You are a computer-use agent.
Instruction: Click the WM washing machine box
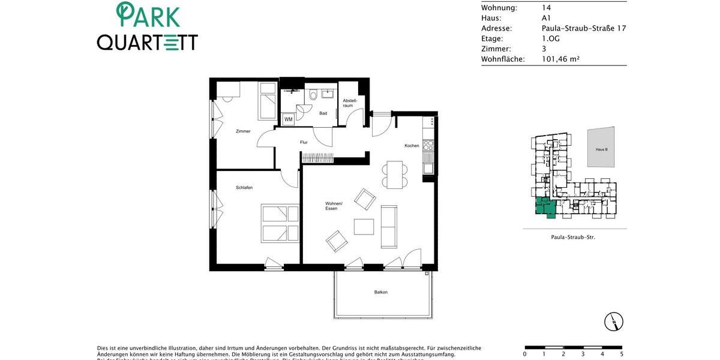[289, 119]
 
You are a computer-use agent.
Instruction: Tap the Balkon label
[380, 292]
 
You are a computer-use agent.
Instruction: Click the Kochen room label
[412, 146]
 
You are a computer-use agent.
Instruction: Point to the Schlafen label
[244, 188]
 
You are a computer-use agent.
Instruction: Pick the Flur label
[304, 143]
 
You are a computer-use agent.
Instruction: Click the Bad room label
[323, 113]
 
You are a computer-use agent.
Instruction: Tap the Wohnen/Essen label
[334, 206]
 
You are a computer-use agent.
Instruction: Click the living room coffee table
[364, 227]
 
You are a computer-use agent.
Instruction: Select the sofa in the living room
[389, 226]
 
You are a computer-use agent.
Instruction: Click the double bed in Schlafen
[280, 223]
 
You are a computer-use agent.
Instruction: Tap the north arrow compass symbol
[614, 322]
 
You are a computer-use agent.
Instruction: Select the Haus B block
[601, 148]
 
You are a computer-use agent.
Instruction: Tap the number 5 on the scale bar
[622, 354]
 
